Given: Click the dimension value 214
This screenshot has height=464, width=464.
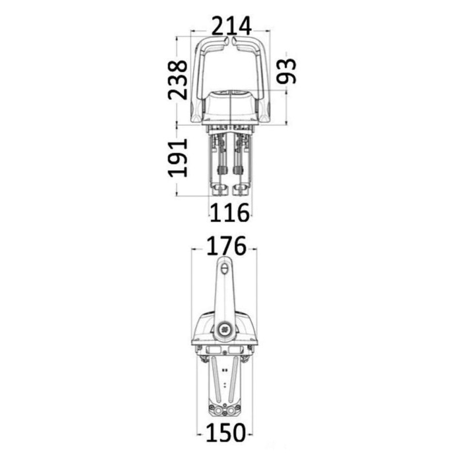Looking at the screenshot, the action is click(232, 26).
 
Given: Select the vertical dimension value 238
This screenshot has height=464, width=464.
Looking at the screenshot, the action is click(177, 80).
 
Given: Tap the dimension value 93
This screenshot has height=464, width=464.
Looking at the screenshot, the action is click(286, 71).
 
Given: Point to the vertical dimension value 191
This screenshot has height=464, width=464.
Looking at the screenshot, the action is click(177, 158).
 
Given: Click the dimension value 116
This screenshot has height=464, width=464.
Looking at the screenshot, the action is click(229, 213).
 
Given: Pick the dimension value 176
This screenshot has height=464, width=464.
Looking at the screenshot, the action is click(226, 246).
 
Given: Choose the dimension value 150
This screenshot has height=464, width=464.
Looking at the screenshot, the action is click(226, 432).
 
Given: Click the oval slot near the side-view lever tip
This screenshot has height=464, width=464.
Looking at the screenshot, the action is click(224, 269).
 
